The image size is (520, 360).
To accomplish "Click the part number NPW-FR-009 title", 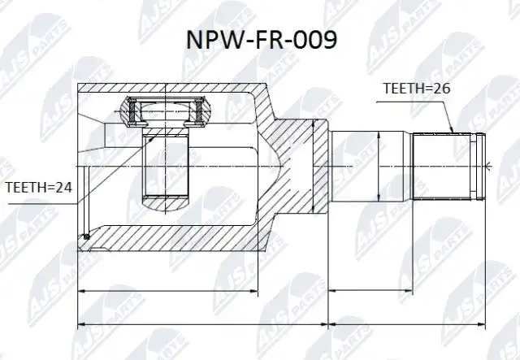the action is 262,40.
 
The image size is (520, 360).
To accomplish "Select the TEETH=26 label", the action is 417,89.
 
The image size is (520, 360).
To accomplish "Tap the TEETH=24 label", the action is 39,188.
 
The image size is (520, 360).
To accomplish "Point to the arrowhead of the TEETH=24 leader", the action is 151,138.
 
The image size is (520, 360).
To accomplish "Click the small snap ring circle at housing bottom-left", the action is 87,236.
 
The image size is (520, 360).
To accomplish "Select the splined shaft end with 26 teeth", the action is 448,167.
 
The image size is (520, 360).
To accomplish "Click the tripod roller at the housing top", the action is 166,111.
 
